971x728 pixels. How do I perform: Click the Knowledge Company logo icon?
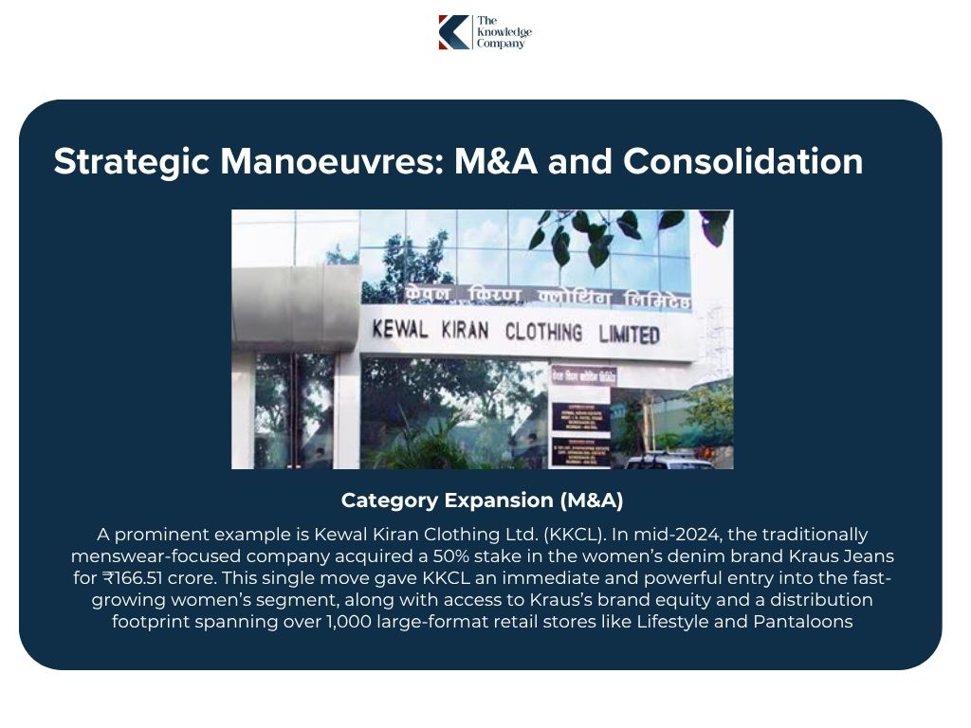tap(453, 32)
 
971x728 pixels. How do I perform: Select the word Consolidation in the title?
tap(742, 161)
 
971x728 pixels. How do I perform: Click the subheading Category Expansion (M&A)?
tap(482, 500)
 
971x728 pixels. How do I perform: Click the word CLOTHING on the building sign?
tap(543, 333)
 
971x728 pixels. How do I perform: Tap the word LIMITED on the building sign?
tap(629, 335)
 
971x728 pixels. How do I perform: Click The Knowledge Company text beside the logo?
tap(504, 32)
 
